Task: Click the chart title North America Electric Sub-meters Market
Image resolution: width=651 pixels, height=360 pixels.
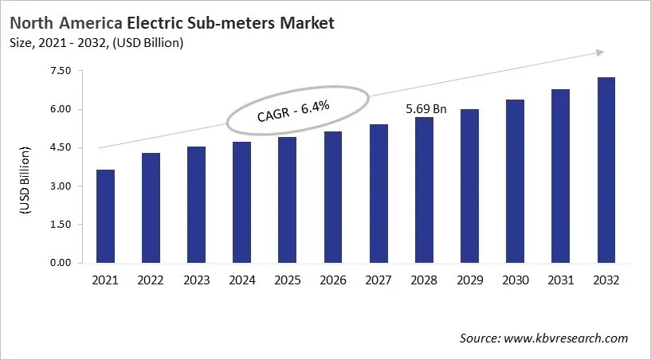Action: tap(171, 23)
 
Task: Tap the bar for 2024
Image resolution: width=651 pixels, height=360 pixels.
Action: tap(241, 202)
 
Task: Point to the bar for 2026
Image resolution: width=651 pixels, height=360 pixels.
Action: tap(333, 197)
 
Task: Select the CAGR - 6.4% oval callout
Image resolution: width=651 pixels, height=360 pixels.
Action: tap(298, 112)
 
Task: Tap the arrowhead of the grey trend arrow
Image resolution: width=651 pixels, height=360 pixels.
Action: tap(598, 53)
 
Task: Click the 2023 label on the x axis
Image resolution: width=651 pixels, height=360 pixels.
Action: tap(195, 280)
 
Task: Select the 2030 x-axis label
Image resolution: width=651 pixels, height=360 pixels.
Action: tap(516, 280)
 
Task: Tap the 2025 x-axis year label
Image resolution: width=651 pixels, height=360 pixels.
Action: tap(287, 280)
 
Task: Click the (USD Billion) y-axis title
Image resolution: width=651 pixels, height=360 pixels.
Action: tap(24, 181)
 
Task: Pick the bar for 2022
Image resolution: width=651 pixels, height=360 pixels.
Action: tap(149, 208)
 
